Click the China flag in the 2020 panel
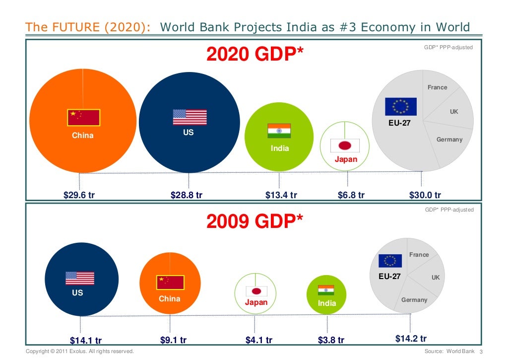(x=84, y=117)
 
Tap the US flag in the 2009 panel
(x=79, y=278)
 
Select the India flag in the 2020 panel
(x=279, y=131)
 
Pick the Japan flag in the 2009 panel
(x=256, y=291)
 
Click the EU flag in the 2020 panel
(x=401, y=107)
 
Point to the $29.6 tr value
(x=79, y=195)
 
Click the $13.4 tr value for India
(x=281, y=195)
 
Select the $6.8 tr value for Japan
(x=351, y=195)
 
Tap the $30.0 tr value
(x=425, y=195)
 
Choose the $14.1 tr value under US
(x=86, y=341)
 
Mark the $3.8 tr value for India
(x=331, y=341)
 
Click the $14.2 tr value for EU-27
(x=411, y=339)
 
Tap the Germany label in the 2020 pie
(x=449, y=140)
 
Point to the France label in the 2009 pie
(x=419, y=255)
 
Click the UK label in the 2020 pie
(x=454, y=112)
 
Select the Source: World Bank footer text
(x=447, y=352)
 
